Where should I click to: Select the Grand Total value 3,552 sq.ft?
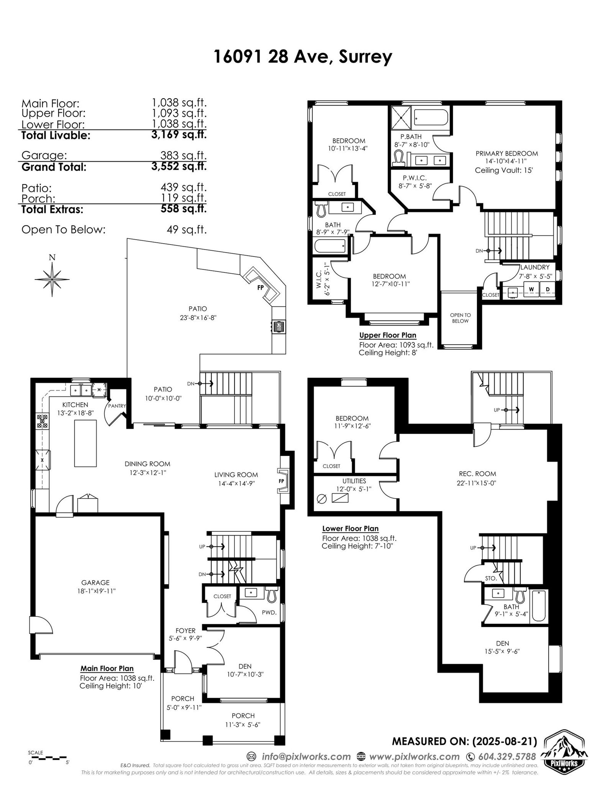click(179, 167)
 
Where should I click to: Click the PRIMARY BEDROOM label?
click(506, 153)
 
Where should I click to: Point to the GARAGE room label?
click(95, 582)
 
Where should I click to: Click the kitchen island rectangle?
click(85, 443)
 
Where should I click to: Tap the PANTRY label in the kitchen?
click(117, 406)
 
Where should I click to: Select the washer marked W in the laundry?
click(531, 289)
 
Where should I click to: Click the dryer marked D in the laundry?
click(548, 289)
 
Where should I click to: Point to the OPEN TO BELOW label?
click(460, 318)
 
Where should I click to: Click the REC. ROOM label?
click(476, 473)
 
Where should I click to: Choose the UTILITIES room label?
click(354, 481)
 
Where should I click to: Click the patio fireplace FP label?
click(261, 287)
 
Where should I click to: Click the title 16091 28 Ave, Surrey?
click(303, 57)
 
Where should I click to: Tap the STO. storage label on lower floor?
click(491, 578)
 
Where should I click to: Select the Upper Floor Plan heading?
click(388, 335)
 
